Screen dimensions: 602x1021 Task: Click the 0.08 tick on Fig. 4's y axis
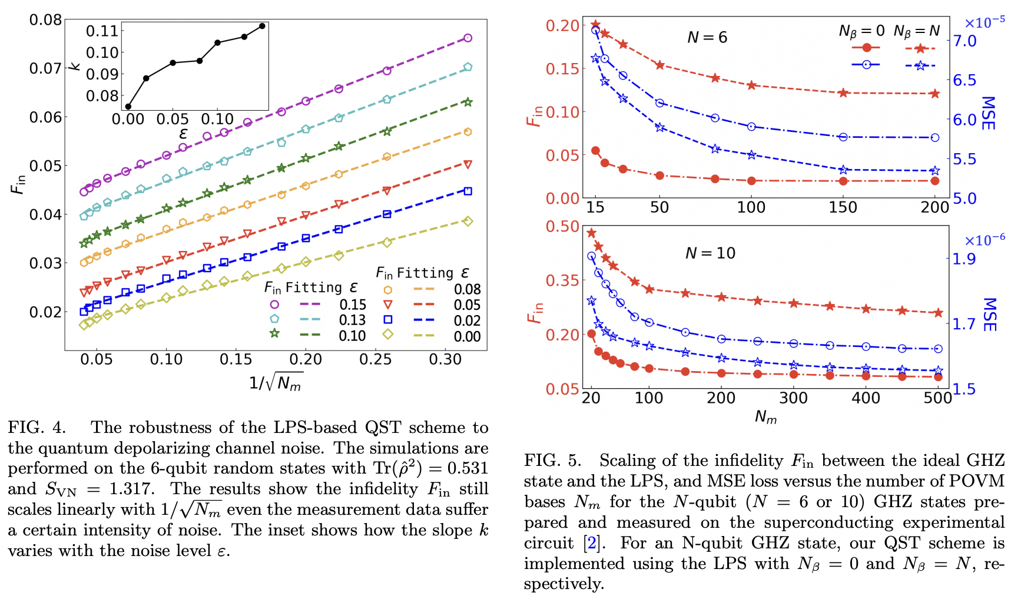(x=45, y=20)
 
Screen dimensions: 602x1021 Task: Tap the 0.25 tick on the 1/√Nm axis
(x=376, y=359)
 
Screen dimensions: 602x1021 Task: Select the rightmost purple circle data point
(x=468, y=38)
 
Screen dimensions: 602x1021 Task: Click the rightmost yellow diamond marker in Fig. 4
(x=468, y=221)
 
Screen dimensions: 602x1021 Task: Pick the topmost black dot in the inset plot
(x=262, y=26)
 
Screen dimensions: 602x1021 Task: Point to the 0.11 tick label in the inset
(x=102, y=31)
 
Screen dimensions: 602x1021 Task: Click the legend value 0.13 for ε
(x=352, y=320)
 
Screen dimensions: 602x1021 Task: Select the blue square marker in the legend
(x=388, y=320)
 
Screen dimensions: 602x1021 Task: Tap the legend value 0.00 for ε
(x=467, y=336)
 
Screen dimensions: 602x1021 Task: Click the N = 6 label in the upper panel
(x=707, y=38)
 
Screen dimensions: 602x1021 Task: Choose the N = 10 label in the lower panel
(x=710, y=253)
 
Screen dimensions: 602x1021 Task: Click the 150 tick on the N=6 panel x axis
(x=843, y=207)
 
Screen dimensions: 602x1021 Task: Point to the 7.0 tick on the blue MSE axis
(x=964, y=41)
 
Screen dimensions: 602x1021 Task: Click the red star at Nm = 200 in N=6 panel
(x=934, y=94)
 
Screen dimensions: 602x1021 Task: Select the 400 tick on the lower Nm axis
(x=866, y=398)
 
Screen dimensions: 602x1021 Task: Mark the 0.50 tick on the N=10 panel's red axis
(x=562, y=227)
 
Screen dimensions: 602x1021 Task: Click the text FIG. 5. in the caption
(x=552, y=460)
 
